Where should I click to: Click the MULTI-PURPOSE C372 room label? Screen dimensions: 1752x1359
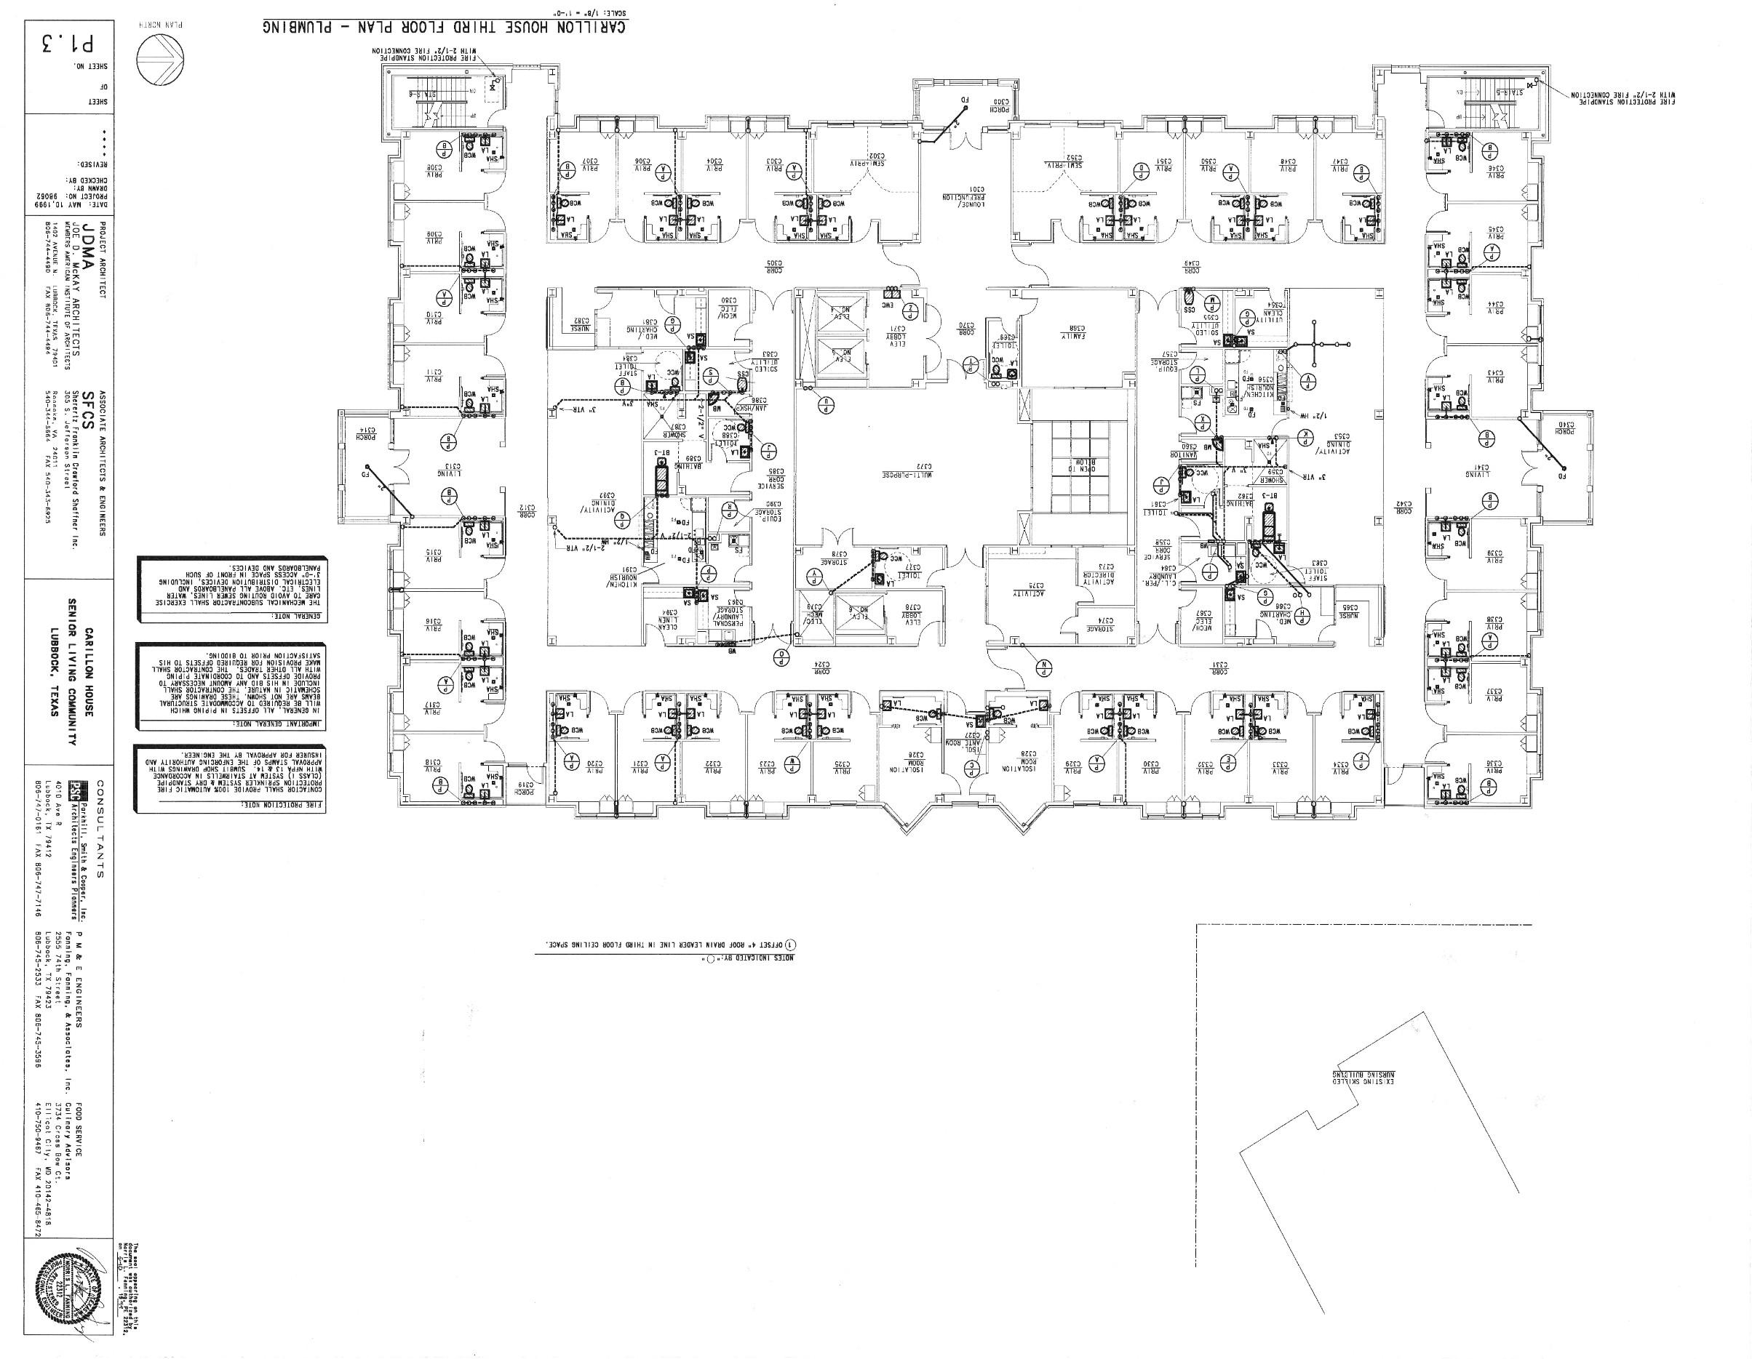point(902,474)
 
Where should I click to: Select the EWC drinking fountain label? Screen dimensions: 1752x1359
point(889,305)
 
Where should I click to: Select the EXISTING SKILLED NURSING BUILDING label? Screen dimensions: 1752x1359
point(1369,1079)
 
